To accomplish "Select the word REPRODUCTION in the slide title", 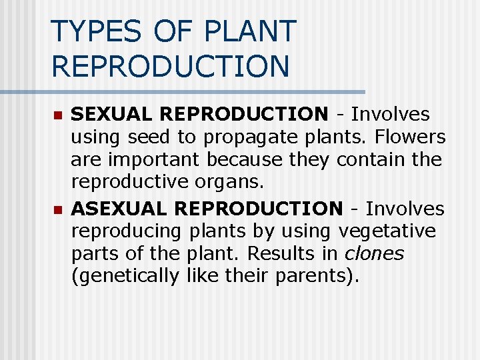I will pos(170,66).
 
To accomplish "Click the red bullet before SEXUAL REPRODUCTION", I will pos(57,116).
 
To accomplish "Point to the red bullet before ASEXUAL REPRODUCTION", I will pos(57,210).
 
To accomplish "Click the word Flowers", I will pos(410,137).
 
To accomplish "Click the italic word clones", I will pos(374,254).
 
